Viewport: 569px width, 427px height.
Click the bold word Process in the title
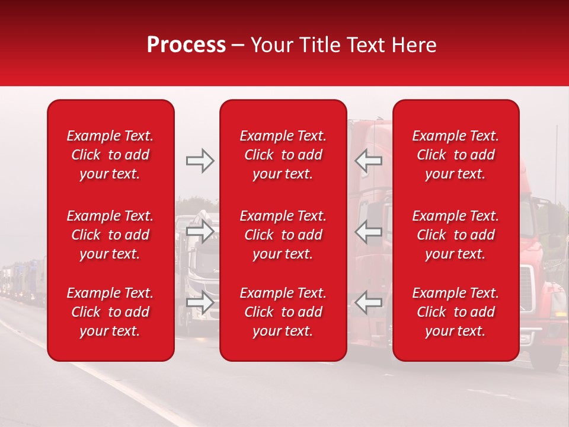pos(186,45)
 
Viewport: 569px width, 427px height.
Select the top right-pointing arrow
pos(200,160)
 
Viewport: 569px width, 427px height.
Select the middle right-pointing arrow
pos(200,231)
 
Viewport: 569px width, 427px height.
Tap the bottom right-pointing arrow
pos(200,302)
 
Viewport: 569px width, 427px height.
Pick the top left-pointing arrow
pos(368,160)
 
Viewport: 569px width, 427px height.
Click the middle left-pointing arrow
pos(368,231)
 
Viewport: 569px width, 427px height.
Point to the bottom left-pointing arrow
pos(368,302)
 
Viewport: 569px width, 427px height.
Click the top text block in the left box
pos(110,155)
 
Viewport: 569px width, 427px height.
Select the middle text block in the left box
pos(110,235)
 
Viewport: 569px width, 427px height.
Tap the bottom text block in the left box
pos(110,312)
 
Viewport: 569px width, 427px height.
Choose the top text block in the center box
pos(283,155)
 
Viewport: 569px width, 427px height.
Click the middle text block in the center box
pos(283,235)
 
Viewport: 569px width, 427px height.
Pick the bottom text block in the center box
pos(283,312)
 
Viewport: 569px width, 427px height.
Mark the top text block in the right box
pos(455,155)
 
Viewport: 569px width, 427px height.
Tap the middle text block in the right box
pos(455,235)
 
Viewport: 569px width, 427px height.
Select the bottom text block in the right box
pos(455,312)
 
